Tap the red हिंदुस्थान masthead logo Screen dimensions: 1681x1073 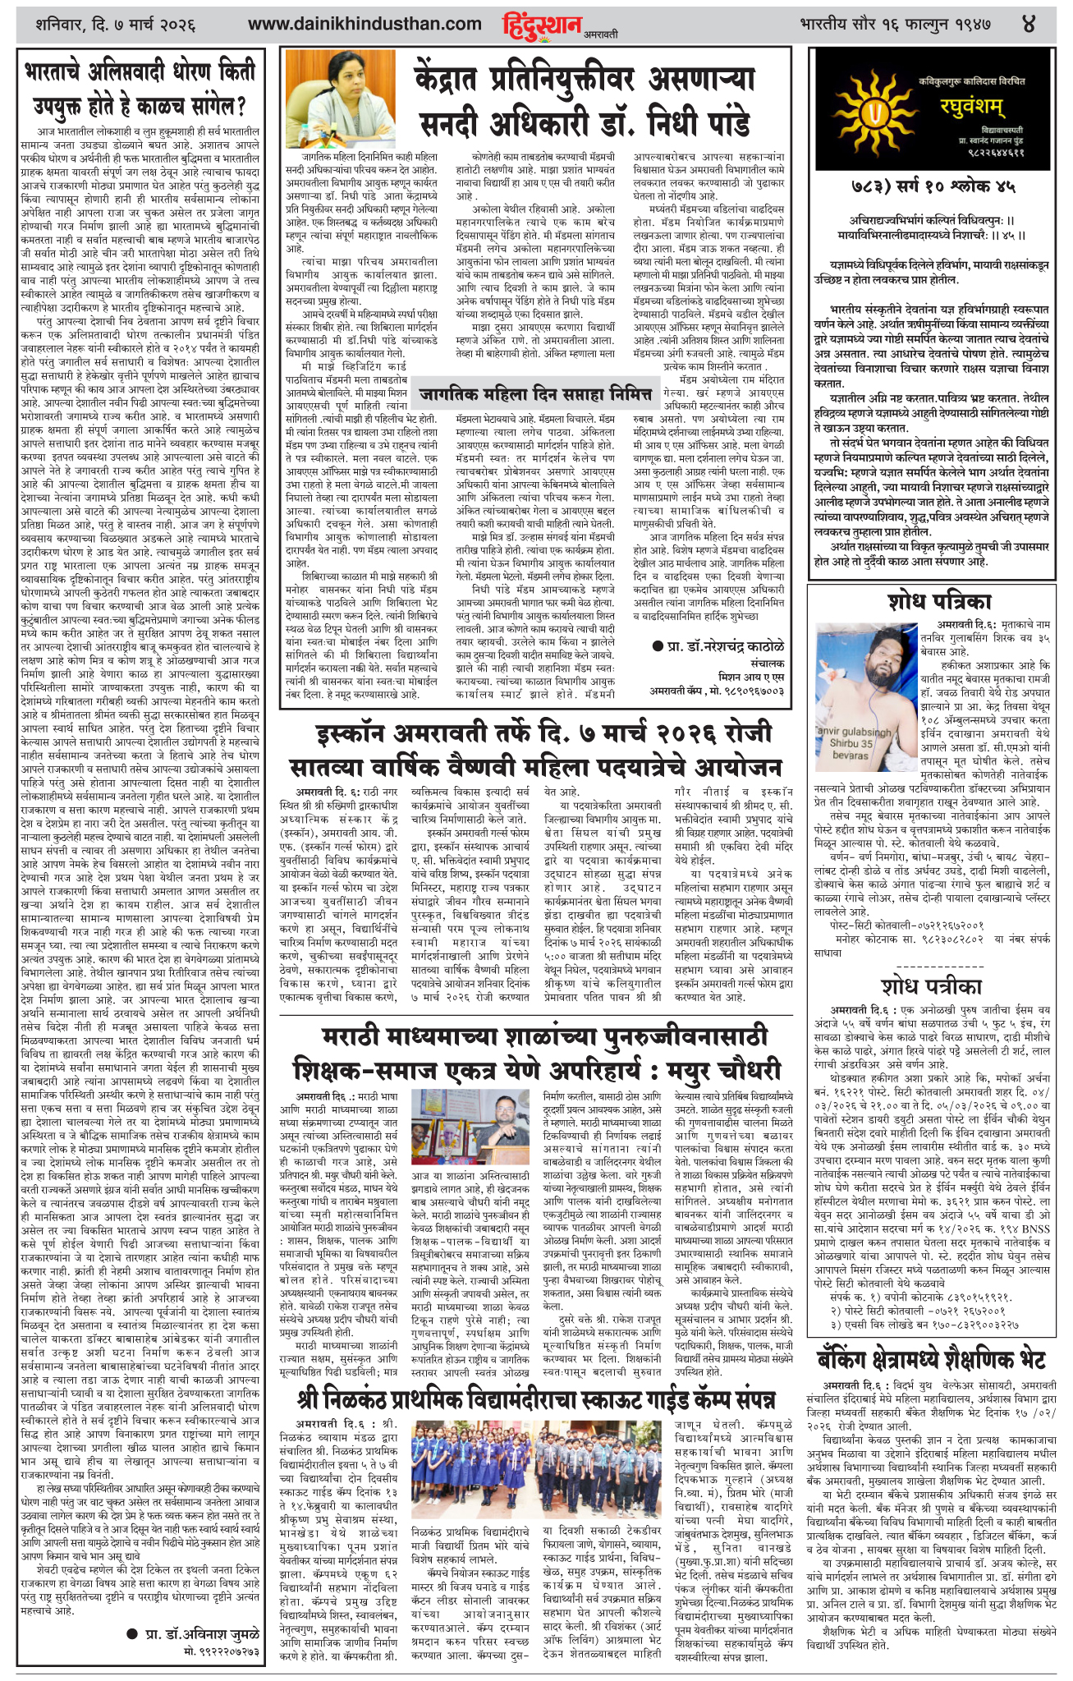(541, 25)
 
